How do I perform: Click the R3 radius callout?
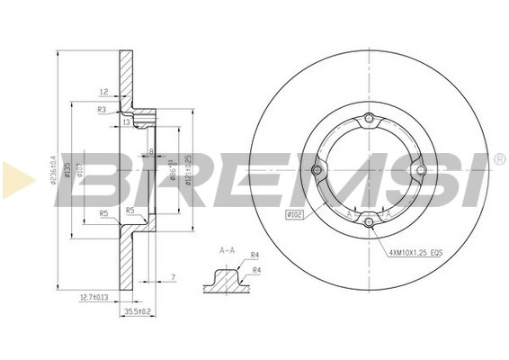pyautogui.click(x=103, y=109)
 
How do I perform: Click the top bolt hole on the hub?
pyautogui.click(x=369, y=124)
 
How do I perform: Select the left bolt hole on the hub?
pyautogui.click(x=317, y=171)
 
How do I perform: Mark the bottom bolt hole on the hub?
pyautogui.click(x=369, y=220)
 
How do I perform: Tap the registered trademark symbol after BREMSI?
pyautogui.click(x=499, y=158)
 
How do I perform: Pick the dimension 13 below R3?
pyautogui.click(x=126, y=120)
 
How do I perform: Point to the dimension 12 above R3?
pyautogui.click(x=104, y=92)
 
